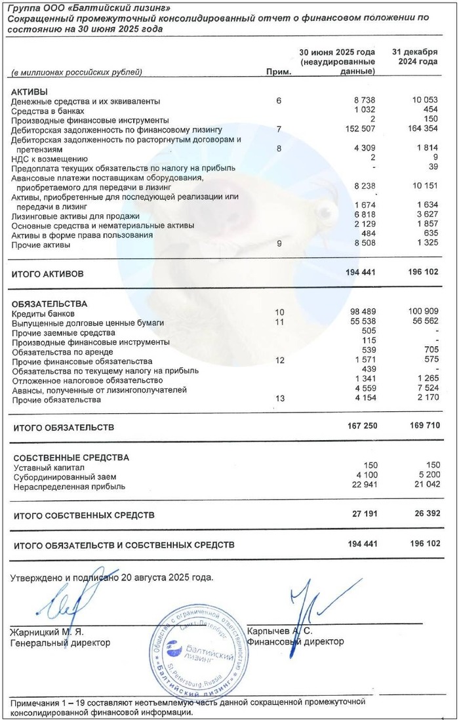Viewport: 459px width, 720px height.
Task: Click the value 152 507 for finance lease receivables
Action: tap(358, 130)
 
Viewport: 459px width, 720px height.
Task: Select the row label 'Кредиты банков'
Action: tap(41, 314)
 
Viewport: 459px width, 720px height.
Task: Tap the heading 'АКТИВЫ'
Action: tap(30, 92)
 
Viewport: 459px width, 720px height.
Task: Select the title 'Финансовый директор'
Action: tap(295, 642)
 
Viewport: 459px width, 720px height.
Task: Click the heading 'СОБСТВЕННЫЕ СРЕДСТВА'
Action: tap(71, 458)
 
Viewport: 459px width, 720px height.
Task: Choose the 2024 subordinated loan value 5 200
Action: tap(424, 477)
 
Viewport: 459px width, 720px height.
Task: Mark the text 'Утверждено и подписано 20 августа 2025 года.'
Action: tap(112, 578)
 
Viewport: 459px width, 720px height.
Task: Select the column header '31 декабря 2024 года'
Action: tap(414, 56)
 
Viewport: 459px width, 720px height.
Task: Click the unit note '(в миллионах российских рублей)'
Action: tap(77, 72)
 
